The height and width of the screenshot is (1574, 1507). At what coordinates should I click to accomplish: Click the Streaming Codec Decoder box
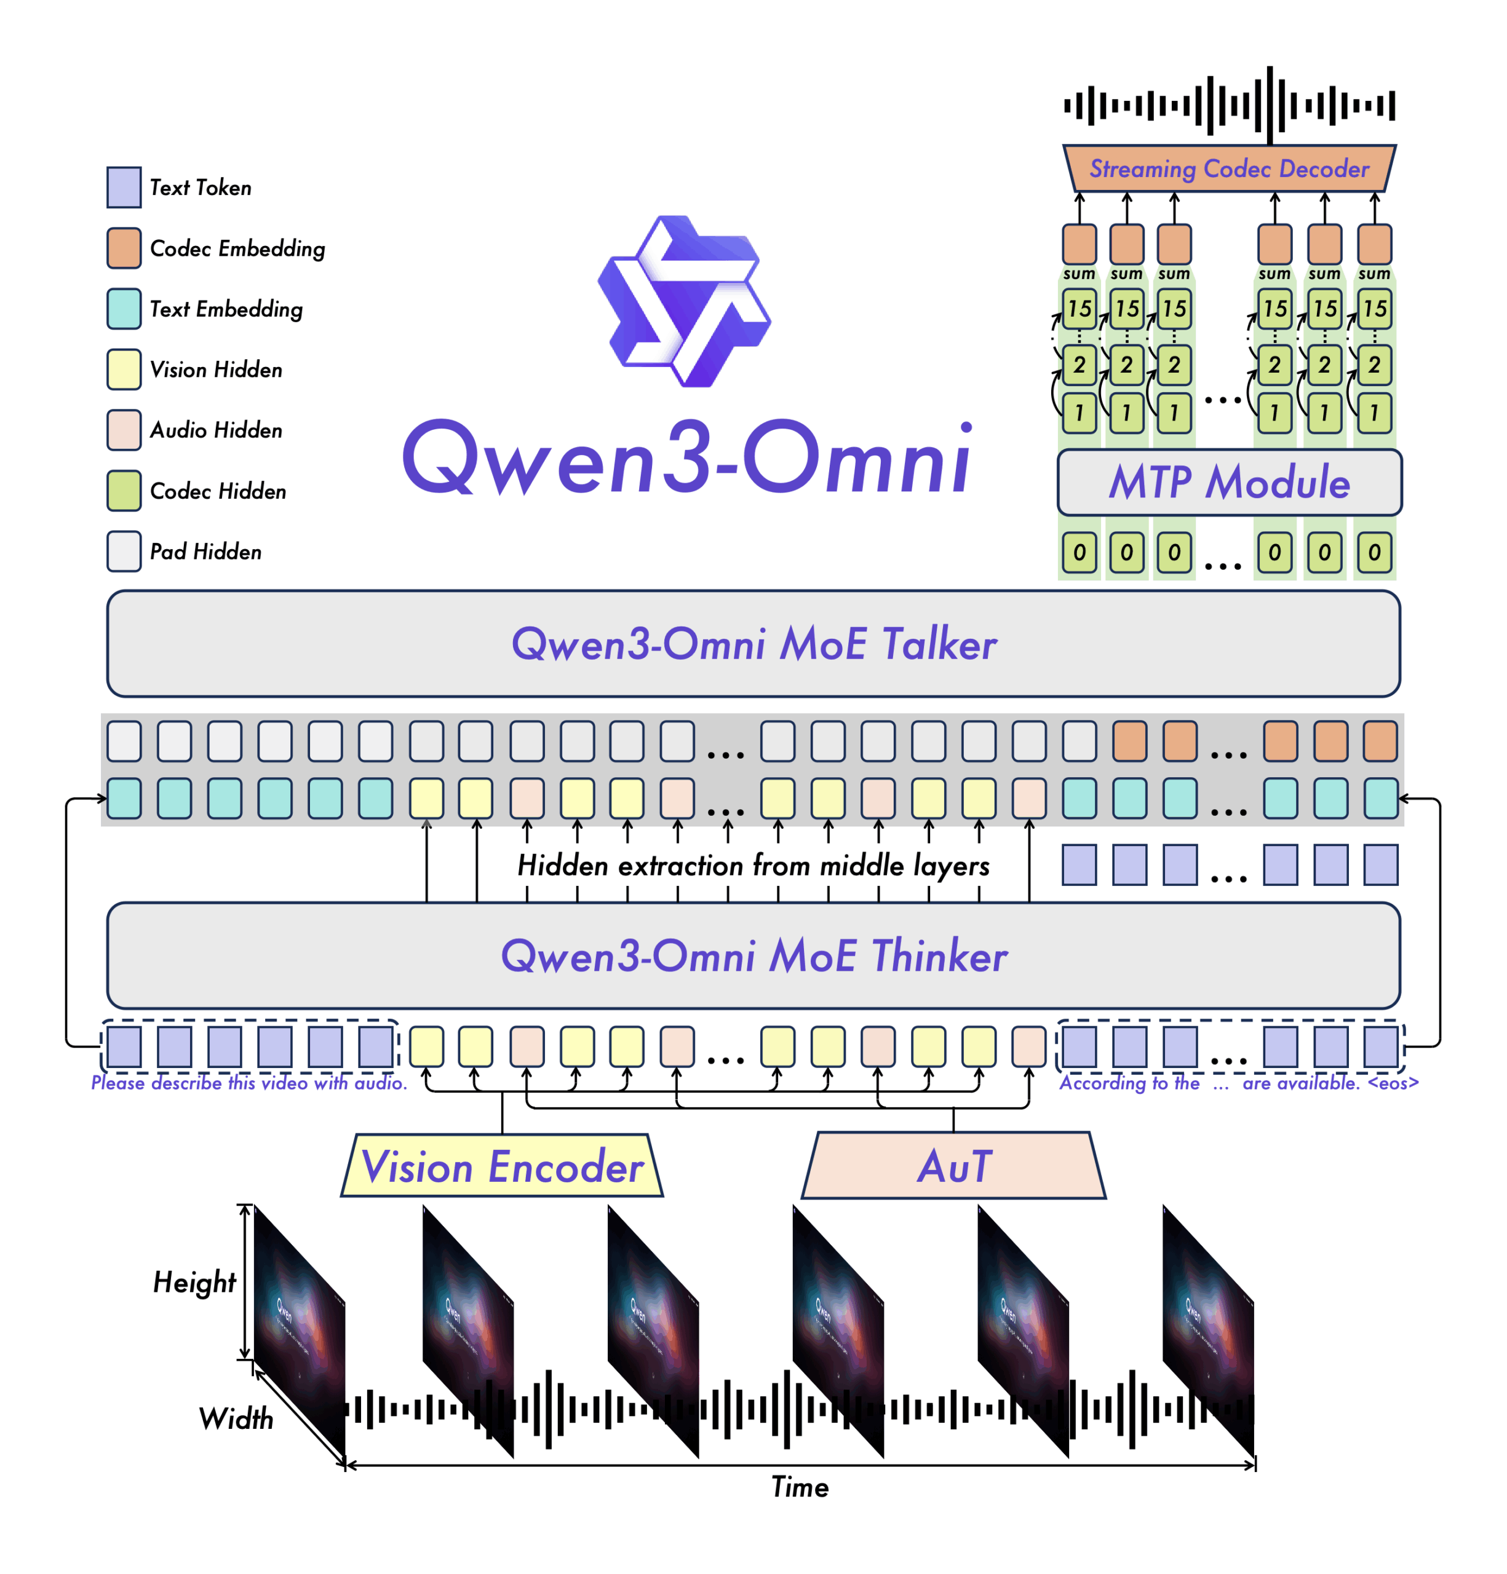tap(1228, 168)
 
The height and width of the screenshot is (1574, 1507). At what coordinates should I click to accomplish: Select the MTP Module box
tap(1228, 482)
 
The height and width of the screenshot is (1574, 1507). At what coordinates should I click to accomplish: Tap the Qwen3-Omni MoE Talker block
tap(753, 644)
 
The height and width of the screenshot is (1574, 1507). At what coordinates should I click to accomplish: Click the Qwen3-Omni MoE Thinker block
tap(753, 955)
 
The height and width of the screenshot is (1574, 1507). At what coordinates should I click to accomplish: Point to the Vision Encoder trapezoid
tap(502, 1166)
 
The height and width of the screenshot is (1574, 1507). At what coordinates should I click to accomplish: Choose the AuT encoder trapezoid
tap(953, 1166)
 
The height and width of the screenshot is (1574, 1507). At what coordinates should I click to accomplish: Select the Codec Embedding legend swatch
tap(124, 248)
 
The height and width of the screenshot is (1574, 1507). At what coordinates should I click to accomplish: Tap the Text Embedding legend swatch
tap(124, 309)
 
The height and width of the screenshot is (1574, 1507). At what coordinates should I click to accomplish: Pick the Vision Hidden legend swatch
tap(124, 370)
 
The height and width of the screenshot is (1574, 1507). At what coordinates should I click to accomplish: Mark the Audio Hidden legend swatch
tap(124, 430)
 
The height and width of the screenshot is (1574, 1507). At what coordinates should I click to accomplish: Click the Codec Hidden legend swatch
tap(124, 491)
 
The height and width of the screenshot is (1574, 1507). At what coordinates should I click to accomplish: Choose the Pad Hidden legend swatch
tap(124, 552)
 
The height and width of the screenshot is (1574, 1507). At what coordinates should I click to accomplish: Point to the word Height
tap(194, 1283)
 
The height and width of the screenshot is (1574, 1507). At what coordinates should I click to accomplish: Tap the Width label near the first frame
tap(236, 1419)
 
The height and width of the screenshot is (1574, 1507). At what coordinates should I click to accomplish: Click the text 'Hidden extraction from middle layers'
tap(753, 866)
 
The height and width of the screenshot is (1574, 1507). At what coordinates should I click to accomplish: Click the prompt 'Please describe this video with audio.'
tap(249, 1083)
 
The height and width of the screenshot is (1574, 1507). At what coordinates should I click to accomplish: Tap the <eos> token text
tap(1393, 1083)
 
